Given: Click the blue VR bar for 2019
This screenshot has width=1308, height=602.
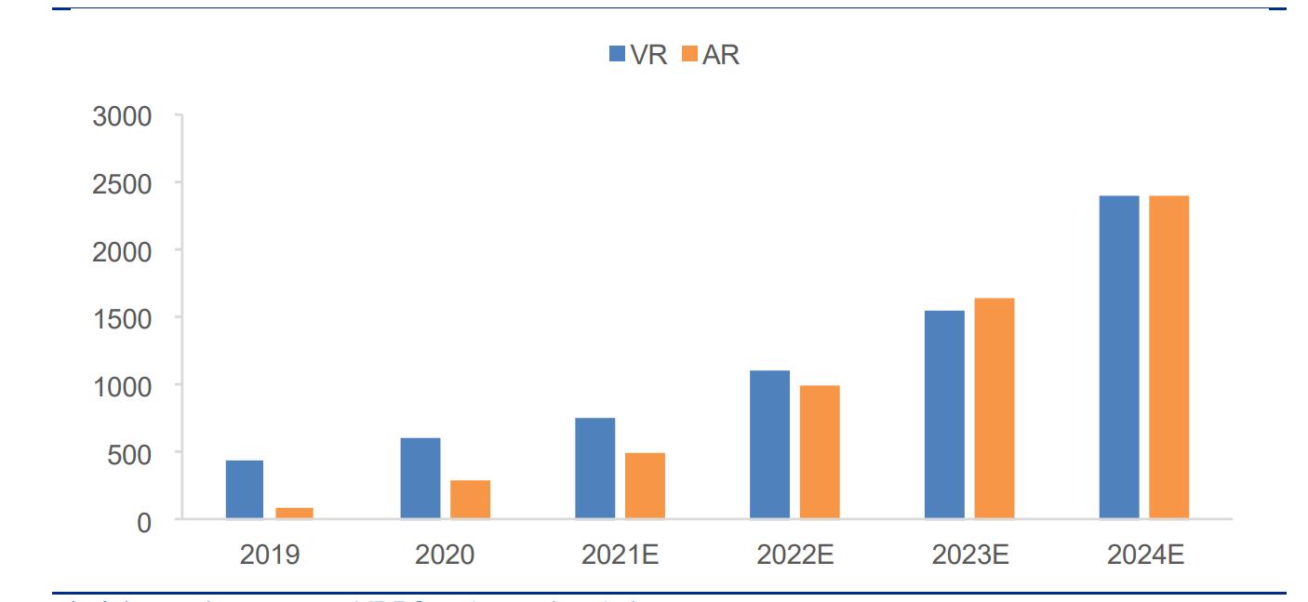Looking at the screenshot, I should point(244,489).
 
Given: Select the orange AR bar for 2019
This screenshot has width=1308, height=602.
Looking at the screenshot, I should point(294,513).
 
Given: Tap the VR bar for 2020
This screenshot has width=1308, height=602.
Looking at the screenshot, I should point(420,478).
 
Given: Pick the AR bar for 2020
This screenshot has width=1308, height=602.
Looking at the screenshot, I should point(470,500).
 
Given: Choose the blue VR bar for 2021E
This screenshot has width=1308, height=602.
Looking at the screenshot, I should point(594,468).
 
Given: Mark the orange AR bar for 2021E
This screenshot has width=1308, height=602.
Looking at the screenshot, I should point(645,486).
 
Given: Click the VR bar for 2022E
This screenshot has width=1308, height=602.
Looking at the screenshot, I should point(769,445).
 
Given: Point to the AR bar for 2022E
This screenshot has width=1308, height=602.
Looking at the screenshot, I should point(820,452).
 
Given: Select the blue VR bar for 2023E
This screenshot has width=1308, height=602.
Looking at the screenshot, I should point(944,414).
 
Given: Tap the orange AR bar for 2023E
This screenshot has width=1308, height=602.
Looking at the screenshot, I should point(994,408).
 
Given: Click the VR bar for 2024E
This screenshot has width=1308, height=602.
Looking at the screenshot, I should point(1119,357).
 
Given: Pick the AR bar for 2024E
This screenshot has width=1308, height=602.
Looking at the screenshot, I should point(1169,357).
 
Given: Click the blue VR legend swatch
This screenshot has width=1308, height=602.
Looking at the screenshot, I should point(618,54).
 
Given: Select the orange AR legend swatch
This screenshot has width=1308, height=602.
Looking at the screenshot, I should point(689,54).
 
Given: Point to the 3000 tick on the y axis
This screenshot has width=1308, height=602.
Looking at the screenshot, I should point(122,116).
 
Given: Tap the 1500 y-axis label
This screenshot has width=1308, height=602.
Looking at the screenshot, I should point(122,318).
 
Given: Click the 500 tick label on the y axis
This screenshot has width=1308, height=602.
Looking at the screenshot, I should point(130,453).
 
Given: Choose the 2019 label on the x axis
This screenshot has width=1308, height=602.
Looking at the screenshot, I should point(270,555).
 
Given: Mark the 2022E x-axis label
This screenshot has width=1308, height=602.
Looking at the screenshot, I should point(794,555).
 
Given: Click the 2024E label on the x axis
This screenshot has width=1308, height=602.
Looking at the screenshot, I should point(1144,555).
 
